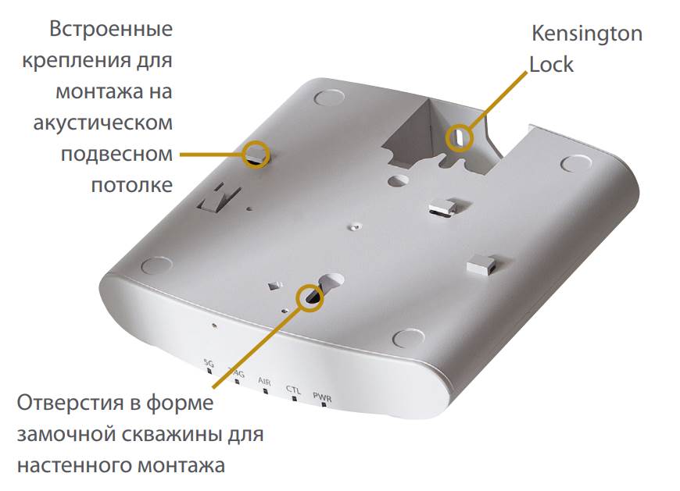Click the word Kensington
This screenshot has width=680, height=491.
(x=587, y=34)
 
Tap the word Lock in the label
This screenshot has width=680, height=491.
(x=551, y=65)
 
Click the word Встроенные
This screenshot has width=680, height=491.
(x=111, y=30)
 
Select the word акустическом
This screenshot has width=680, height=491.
(x=103, y=123)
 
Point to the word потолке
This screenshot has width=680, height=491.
(x=132, y=185)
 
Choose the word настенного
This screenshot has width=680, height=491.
(x=73, y=465)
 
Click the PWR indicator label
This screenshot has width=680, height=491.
(x=322, y=397)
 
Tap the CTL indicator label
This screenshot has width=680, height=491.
(x=293, y=390)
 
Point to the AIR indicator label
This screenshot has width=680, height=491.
(x=264, y=382)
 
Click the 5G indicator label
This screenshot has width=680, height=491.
(x=209, y=363)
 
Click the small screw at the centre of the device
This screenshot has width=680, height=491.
(x=355, y=226)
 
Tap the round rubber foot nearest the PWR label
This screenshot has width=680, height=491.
(x=409, y=338)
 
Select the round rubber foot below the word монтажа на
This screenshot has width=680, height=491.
(x=329, y=98)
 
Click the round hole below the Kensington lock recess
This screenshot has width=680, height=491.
(x=398, y=180)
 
